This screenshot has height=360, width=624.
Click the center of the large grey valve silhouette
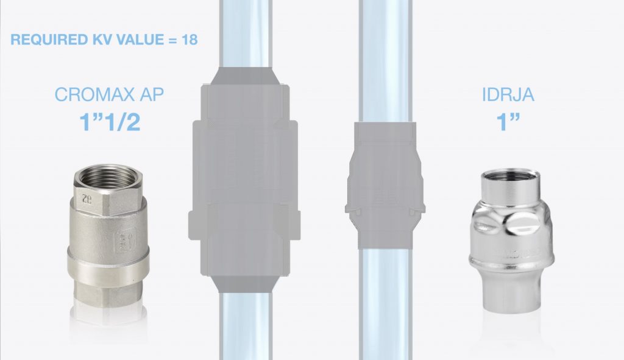(243, 183)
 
